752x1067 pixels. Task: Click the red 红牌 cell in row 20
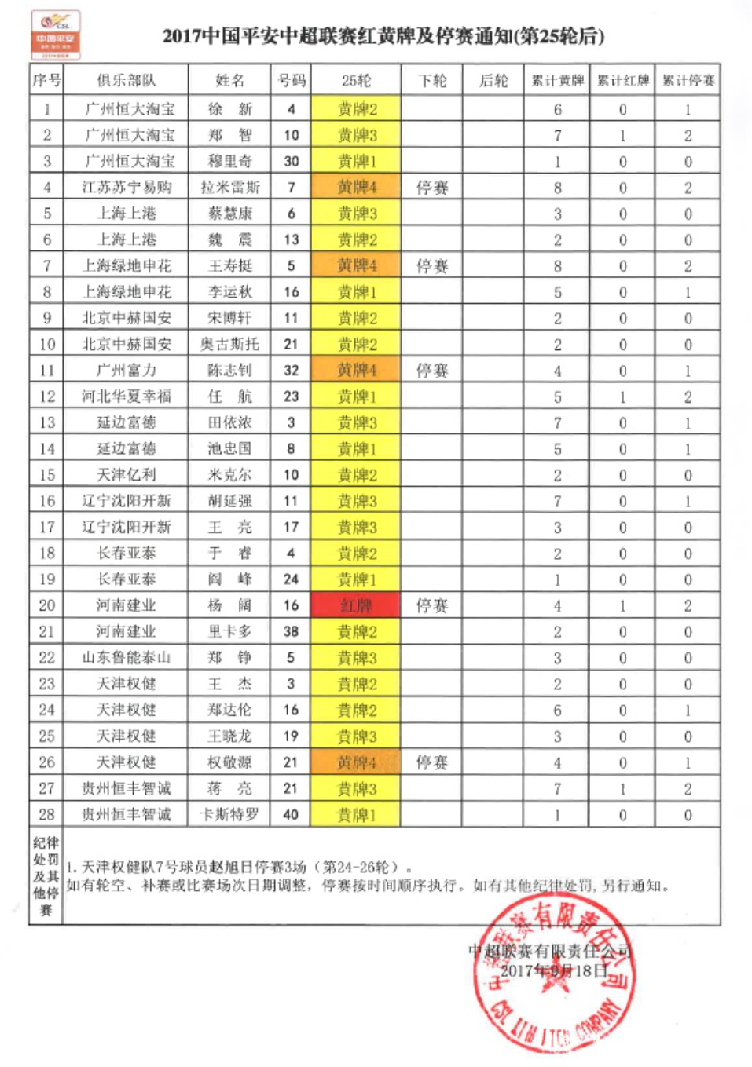tap(356, 605)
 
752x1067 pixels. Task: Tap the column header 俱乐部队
tap(126, 80)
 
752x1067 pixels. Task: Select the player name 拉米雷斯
tap(229, 187)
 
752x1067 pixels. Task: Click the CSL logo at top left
tap(55, 35)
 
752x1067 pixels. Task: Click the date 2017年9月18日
tap(555, 970)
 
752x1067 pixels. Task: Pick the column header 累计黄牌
tap(557, 80)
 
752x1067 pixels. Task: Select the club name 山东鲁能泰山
tap(126, 657)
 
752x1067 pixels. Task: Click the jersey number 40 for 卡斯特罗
tap(291, 814)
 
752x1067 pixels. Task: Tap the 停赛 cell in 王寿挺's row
tap(432, 265)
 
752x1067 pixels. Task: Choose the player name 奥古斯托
tap(229, 344)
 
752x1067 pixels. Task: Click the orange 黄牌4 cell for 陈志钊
tap(356, 370)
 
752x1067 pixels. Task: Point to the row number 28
tap(47, 814)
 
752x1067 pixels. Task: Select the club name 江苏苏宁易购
tap(126, 187)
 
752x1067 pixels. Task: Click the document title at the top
tap(383, 36)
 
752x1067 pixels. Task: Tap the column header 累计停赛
tap(688, 80)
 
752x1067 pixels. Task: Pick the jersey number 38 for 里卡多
tap(291, 631)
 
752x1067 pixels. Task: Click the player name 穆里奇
tap(229, 161)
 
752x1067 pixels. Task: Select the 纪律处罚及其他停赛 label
tap(46, 875)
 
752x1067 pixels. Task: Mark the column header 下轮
tap(432, 80)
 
